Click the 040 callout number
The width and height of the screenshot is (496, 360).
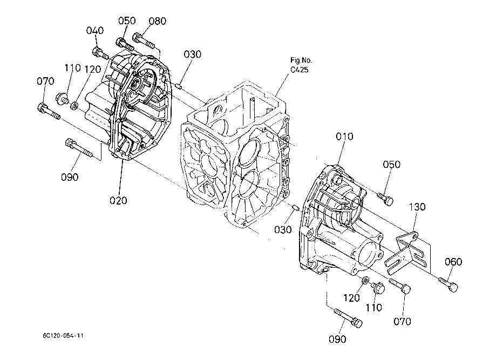point(95,30)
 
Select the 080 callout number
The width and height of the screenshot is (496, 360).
point(158,21)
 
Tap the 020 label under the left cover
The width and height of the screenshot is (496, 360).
point(118,200)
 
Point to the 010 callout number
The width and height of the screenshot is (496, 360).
point(344,137)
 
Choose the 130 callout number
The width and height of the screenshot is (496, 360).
point(417,207)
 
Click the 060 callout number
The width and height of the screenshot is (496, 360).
point(453,262)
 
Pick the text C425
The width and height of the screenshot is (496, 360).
point(299,70)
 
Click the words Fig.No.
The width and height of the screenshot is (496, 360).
point(301,60)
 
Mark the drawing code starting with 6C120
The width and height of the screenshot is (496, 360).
point(63,336)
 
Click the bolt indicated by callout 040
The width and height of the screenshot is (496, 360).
point(100,53)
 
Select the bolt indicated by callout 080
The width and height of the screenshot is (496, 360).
point(144,40)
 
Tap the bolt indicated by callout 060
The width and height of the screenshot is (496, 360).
point(448,283)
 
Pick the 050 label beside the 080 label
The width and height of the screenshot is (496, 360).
point(127,21)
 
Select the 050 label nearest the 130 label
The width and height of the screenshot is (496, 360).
point(392,165)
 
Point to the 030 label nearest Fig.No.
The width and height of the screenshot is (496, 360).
point(192,55)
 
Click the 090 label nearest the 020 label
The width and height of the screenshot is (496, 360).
point(70,177)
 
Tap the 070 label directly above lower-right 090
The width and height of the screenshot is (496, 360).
point(403,321)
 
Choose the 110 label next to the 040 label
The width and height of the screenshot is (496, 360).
point(73,67)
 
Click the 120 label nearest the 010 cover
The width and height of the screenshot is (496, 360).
point(352,298)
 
